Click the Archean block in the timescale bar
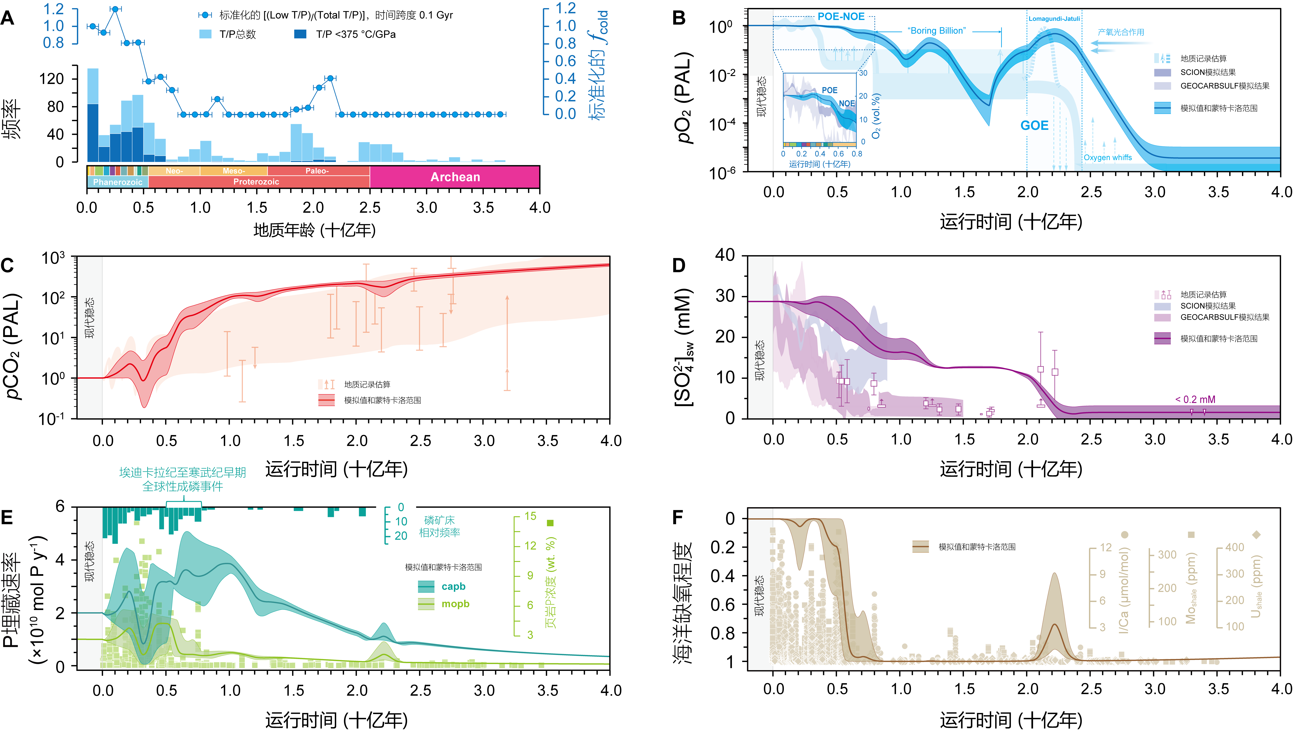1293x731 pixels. (x=455, y=177)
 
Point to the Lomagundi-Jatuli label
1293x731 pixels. (x=1054, y=18)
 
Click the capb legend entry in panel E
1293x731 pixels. (x=442, y=586)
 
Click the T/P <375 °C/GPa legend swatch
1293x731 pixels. (x=300, y=34)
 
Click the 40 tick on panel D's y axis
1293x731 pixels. (x=725, y=255)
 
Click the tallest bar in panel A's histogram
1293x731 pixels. (x=93, y=115)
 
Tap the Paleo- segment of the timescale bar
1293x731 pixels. (x=317, y=171)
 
